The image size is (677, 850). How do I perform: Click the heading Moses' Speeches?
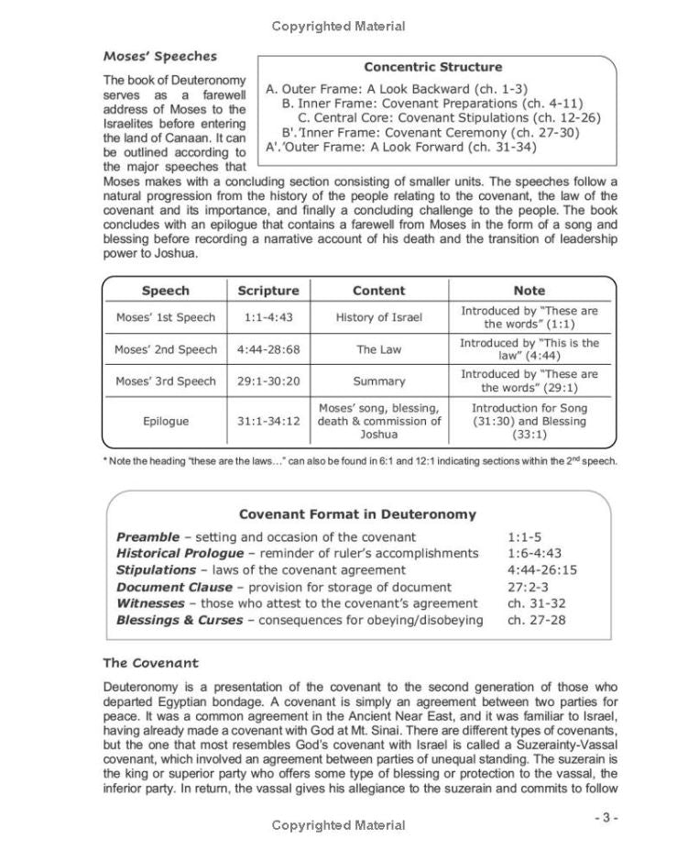159,56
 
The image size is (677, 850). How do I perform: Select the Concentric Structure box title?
432,67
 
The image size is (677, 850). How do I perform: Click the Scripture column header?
268,291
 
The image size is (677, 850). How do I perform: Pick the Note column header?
529,291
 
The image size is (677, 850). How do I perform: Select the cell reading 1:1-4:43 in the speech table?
268,317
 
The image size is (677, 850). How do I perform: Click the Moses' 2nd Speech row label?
166,349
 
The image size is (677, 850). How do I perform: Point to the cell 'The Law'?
378,349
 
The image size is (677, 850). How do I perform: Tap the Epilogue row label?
166,421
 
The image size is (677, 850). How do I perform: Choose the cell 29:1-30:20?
268,381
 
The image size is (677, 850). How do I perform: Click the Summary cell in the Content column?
378,381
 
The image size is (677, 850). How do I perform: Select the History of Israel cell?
378,317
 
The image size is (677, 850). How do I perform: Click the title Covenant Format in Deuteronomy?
357,514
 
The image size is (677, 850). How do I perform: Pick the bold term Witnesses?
153,603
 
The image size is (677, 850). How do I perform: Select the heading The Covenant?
150,663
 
